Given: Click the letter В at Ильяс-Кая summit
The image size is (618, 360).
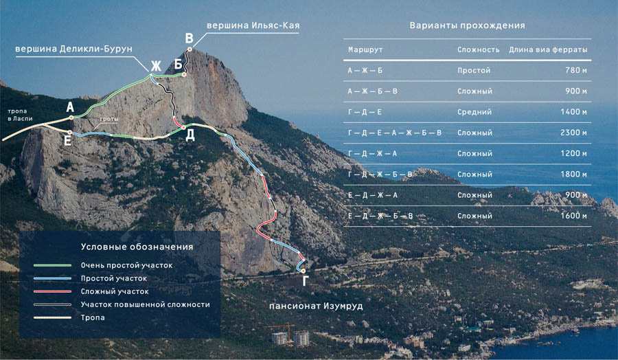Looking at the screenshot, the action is [190, 38].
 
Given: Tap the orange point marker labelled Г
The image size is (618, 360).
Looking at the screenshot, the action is [303, 271].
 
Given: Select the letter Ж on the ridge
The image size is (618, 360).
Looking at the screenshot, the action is [156, 66].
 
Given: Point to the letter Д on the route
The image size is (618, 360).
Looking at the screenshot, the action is [190, 135].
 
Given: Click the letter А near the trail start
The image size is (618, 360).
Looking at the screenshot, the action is [70, 107].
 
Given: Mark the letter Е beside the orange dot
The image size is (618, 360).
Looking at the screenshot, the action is [68, 141].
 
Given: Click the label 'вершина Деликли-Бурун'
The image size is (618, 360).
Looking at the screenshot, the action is [73, 49].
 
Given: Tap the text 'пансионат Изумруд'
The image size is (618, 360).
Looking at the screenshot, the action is [316, 306].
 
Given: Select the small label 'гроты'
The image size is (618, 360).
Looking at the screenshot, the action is [109, 119].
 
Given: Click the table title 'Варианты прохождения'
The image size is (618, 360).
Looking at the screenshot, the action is [467, 25].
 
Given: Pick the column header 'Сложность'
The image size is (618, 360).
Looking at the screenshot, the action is [479, 49].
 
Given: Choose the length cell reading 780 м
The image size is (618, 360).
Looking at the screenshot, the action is [576, 70].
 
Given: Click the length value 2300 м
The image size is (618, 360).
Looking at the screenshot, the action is [573, 133].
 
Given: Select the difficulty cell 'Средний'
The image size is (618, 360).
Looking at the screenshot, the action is [474, 112].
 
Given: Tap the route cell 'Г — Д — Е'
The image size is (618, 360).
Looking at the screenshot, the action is [365, 112].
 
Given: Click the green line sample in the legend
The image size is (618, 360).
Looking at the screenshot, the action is [52, 265].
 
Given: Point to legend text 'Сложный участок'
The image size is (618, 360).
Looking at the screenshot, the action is [115, 291].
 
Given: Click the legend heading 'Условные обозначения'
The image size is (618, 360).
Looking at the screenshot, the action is [137, 247].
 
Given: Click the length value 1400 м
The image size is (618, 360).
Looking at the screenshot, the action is [573, 112].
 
